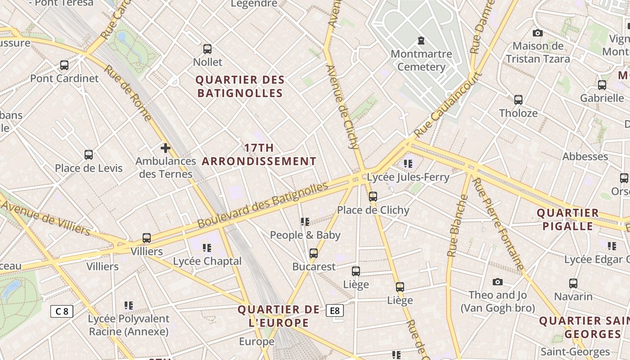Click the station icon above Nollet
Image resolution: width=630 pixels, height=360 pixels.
click(x=207, y=49)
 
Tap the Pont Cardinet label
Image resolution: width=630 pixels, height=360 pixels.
click(x=64, y=78)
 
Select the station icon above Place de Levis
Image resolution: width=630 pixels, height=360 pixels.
click(x=89, y=155)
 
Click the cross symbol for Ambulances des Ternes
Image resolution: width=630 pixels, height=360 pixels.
click(x=166, y=148)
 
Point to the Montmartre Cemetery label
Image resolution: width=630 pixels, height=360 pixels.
click(x=421, y=60)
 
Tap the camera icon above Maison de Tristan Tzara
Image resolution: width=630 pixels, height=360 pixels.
click(x=537, y=33)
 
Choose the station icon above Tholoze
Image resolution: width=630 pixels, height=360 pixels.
click(x=518, y=100)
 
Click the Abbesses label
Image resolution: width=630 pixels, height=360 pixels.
click(x=585, y=157)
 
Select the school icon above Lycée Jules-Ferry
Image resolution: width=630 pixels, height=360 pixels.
click(x=408, y=164)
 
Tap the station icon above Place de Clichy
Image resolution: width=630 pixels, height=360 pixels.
click(x=373, y=197)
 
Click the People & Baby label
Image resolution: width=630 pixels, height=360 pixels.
click(x=305, y=235)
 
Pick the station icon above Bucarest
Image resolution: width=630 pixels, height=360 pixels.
click(x=314, y=253)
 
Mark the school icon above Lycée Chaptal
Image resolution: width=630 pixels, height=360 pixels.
click(x=207, y=247)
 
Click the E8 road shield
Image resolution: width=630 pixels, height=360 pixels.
click(x=335, y=310)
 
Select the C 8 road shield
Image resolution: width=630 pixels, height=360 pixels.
click(x=62, y=311)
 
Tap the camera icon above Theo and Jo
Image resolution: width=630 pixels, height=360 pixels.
click(x=497, y=282)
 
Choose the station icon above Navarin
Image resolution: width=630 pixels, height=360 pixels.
click(x=573, y=283)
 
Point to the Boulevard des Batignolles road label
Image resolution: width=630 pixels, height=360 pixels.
click(x=263, y=205)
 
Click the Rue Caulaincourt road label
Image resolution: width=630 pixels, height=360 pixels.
click(x=448, y=104)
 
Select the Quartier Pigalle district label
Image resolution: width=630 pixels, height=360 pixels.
click(x=567, y=219)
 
